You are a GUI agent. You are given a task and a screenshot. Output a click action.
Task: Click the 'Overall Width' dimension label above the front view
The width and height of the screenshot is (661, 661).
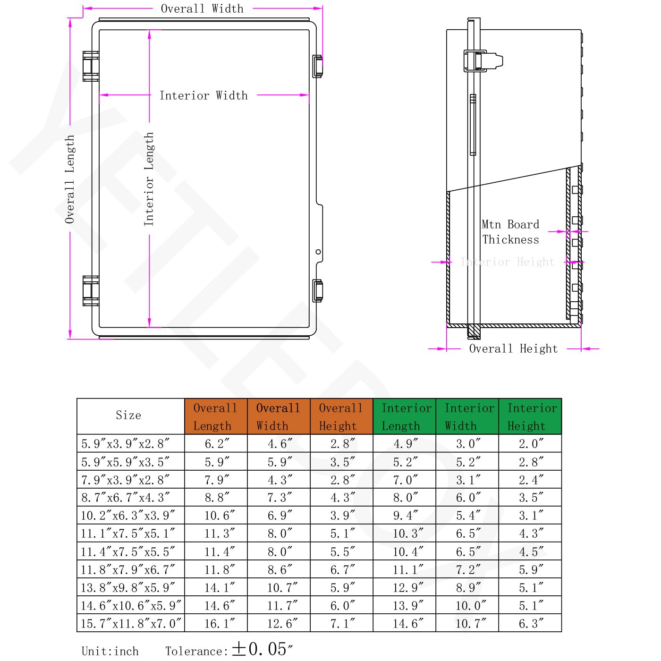coord(202,9)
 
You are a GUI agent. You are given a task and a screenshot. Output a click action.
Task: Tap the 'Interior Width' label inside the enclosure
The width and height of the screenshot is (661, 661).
coord(203,96)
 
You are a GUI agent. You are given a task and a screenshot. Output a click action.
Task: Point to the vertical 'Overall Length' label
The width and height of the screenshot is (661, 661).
coord(70,179)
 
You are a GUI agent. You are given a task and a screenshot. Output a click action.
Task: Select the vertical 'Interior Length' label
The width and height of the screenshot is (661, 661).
coord(149,179)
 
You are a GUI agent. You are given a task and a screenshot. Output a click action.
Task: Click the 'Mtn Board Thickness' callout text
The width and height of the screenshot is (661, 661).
coord(510,232)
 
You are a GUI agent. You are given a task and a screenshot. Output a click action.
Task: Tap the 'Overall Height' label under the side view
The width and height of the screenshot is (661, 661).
coord(513,349)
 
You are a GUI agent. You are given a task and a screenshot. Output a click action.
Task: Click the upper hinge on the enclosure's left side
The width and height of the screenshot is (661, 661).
coord(91,67)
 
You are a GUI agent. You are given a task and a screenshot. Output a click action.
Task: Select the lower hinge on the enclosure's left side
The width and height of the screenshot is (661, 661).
coord(91,291)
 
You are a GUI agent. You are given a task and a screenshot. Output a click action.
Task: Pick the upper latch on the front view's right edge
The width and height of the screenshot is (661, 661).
coord(318,66)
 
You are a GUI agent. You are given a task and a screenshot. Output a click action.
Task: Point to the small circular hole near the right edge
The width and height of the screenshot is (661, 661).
coord(318,252)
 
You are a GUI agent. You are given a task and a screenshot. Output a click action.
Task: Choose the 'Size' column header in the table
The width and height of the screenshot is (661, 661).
coord(128,415)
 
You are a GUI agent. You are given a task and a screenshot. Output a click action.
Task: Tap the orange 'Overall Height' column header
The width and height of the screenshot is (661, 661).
coord(341,417)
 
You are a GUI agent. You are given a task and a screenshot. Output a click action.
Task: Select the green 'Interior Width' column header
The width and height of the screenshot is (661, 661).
coord(467,417)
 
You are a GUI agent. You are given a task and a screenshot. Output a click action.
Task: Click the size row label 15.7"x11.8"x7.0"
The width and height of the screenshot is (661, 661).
coord(131,623)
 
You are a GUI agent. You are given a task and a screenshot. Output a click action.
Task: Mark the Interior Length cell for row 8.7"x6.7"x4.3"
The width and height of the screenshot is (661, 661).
coord(404,498)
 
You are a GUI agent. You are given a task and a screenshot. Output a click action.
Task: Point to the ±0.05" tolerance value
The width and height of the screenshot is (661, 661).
coord(262,649)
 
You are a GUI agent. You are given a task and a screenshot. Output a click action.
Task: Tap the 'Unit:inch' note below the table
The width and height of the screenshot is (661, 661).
coord(110,651)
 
